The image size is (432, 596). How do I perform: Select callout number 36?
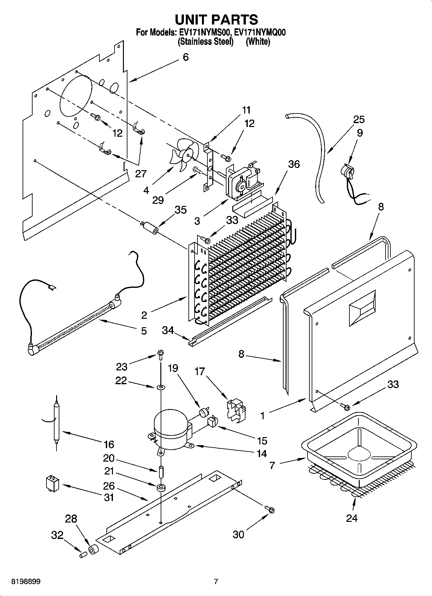(x=294, y=164)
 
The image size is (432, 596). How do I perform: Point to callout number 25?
(x=358, y=120)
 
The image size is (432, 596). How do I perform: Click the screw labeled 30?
(x=270, y=510)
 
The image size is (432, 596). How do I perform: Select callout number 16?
(x=109, y=445)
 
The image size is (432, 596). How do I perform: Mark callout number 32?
(x=57, y=535)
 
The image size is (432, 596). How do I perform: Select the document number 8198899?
(x=26, y=582)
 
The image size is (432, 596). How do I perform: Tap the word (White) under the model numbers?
(x=258, y=42)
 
